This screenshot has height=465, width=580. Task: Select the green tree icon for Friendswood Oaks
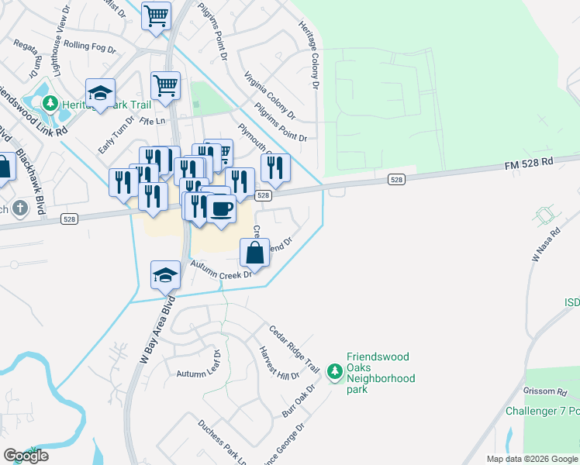pyautogui.click(x=334, y=373)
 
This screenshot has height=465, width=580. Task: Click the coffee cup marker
pyautogui.click(x=221, y=208)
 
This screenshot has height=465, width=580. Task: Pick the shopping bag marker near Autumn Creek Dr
pyautogui.click(x=255, y=253)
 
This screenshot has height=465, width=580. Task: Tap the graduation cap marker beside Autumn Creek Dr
pyautogui.click(x=164, y=276)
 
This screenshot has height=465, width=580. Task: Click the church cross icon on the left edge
pyautogui.click(x=19, y=208)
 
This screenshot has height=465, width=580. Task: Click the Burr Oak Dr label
pyautogui.click(x=299, y=402)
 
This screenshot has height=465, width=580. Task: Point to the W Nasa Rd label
pyautogui.click(x=545, y=244)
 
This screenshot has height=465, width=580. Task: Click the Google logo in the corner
pyautogui.click(x=26, y=456)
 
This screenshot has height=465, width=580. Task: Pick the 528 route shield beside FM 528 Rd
pyautogui.click(x=396, y=180)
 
